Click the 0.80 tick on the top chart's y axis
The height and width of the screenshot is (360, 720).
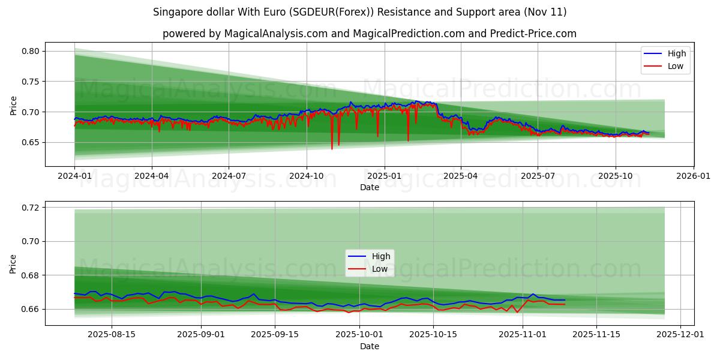(31, 51)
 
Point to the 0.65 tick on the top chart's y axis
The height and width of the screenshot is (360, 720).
(31, 142)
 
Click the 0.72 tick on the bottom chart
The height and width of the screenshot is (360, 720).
(31, 208)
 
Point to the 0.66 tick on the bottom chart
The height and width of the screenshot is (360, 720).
(31, 309)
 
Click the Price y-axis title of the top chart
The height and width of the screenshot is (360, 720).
(13, 105)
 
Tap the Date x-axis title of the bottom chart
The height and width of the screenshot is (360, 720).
(370, 346)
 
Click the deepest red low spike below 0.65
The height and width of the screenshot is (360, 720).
(332, 148)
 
